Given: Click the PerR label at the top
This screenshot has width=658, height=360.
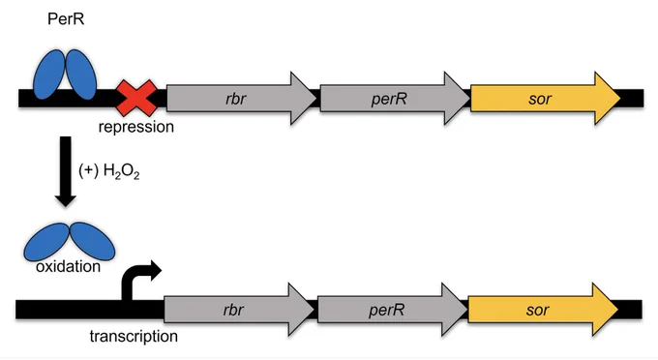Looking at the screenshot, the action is coord(66,19).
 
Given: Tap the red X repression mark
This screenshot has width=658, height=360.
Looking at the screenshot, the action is coord(136,98).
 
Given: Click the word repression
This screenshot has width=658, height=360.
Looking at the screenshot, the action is coord(136,127).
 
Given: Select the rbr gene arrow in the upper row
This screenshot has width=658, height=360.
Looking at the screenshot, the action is coord(241,98).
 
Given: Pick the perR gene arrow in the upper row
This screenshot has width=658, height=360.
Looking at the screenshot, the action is coord(395,98).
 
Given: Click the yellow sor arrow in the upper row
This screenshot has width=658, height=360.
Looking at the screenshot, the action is coord(545,98).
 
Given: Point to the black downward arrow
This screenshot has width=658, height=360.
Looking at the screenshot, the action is coord(66,171).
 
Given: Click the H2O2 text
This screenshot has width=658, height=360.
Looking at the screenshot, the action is coord(121,171).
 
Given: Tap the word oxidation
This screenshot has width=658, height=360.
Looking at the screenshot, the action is coord(68,266).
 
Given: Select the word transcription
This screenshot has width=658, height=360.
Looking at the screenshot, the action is coord(134,336).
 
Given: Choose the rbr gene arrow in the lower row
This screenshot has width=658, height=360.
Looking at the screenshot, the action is coord(239,310).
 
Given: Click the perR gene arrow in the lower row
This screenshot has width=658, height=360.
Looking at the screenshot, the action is coord(392,310).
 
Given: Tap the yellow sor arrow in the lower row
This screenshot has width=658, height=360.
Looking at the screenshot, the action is coord(543,310).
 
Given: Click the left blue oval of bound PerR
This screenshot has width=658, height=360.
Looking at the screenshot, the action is coord(48,75).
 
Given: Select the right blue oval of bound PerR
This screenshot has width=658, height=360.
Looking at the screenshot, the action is coord(81,75).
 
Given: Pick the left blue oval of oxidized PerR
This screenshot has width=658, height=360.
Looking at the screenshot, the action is coord(45,242).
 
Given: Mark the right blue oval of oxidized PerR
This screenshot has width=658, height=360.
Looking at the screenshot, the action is coord(92,241).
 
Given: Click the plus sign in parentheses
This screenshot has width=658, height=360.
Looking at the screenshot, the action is coord(89,170).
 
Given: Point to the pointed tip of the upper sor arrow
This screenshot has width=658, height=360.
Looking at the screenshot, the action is coord(620,98).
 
